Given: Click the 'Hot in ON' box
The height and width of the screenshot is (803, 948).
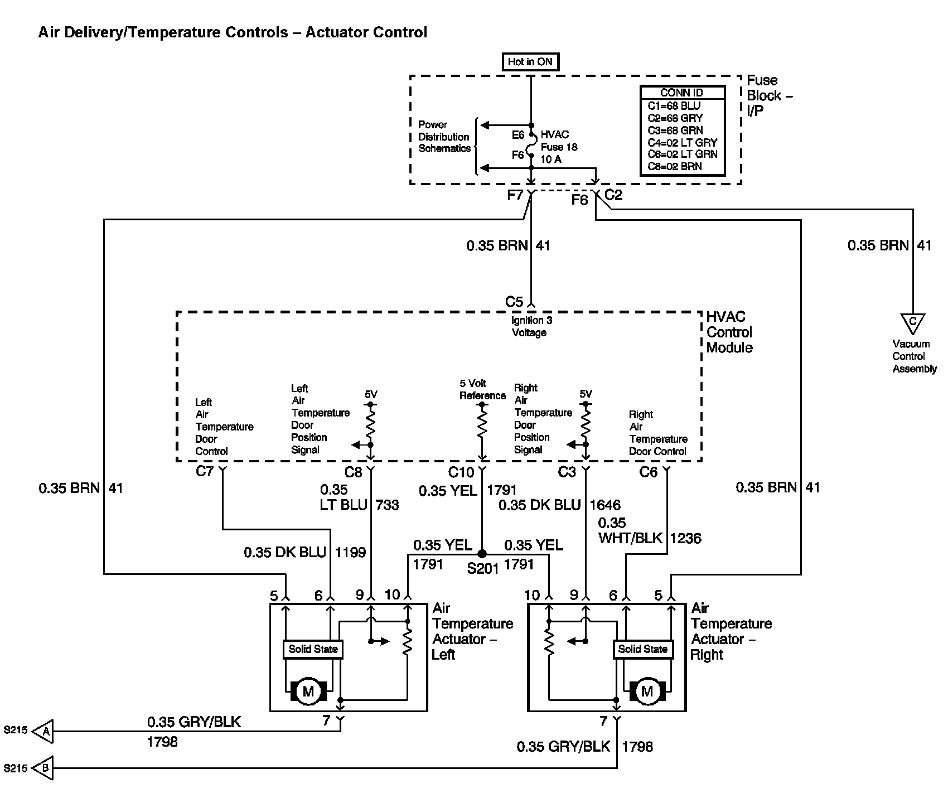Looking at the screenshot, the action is [x=530, y=62].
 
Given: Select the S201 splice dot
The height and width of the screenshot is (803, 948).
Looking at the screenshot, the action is [x=482, y=554].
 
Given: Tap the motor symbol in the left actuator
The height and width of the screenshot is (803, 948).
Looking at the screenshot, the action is [x=308, y=692].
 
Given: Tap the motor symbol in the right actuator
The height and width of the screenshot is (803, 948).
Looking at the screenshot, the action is [x=647, y=692].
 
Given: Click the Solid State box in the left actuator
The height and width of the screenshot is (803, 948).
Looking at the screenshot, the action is [x=313, y=649].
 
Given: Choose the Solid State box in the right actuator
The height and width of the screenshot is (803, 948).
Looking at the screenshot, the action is [x=642, y=649].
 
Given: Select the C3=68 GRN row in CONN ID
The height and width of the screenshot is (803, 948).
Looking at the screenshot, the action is [x=674, y=130].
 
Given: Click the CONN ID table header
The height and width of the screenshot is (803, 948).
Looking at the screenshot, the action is [x=682, y=93].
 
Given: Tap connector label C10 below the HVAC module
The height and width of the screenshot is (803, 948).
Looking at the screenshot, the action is [x=461, y=473].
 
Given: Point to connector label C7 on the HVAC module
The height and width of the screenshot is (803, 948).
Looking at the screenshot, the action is [x=205, y=472].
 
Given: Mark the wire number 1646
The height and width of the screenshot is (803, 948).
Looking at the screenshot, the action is [x=605, y=505].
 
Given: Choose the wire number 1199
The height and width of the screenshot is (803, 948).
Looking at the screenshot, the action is [x=350, y=553].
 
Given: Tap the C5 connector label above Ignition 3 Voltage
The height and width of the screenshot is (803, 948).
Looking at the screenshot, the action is [x=514, y=302].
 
